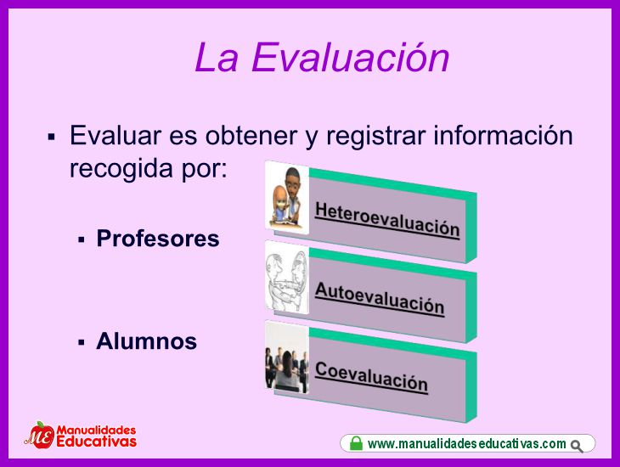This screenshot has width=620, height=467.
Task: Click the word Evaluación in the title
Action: point(350,58)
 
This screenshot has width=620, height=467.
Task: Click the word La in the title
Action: point(217,58)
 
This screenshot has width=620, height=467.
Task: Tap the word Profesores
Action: point(158,239)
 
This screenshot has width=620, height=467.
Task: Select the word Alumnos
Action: point(146,340)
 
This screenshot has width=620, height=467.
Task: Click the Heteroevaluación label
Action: point(387,220)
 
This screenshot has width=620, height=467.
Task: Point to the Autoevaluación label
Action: point(380,299)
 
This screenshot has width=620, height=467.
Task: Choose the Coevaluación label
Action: point(371,377)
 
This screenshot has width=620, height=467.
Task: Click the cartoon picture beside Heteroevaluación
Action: point(287,198)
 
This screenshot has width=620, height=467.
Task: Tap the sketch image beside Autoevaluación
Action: point(287,278)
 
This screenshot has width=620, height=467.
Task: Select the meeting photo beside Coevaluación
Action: point(287,357)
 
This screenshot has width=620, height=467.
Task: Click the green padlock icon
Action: point(356,443)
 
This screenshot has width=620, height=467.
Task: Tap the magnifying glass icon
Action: point(577,446)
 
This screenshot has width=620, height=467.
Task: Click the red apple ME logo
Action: point(40,435)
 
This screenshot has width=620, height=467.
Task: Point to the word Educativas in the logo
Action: point(97,441)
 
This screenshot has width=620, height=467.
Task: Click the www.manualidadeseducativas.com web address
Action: point(467,444)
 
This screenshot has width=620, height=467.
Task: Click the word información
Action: point(503,135)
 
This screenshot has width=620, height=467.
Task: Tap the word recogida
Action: point(121,169)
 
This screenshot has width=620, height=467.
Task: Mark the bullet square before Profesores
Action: point(82,239)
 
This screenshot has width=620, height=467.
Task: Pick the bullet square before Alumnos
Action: point(82,342)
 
